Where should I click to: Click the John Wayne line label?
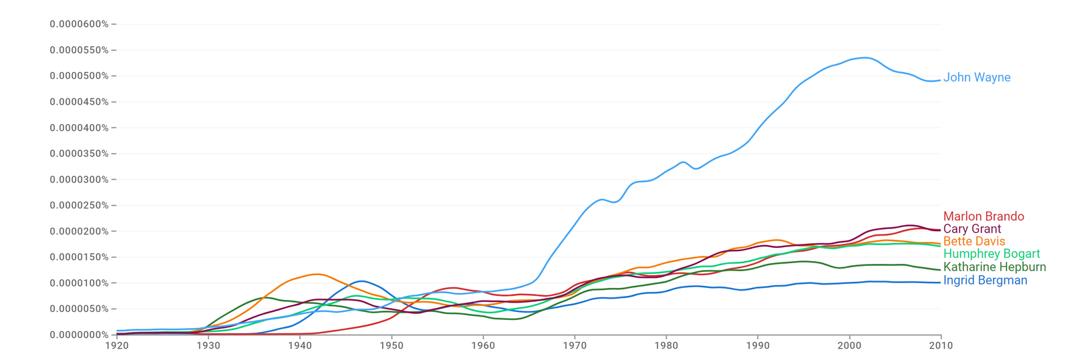(x=976, y=77)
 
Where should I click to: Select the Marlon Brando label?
(x=983, y=216)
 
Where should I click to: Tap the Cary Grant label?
(x=971, y=229)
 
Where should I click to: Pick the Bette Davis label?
(x=973, y=241)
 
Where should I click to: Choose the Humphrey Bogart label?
(x=991, y=254)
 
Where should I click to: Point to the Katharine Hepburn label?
(x=994, y=267)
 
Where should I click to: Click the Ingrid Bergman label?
(x=985, y=281)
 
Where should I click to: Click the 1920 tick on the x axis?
(x=117, y=345)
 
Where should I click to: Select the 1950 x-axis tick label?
(x=392, y=345)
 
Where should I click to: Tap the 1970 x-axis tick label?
(x=575, y=345)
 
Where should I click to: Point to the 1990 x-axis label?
(x=758, y=345)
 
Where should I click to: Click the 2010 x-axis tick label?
(x=941, y=345)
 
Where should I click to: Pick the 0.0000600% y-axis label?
(x=79, y=24)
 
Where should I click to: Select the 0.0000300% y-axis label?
(x=79, y=180)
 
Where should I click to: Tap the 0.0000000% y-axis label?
(x=79, y=335)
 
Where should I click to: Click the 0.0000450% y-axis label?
(x=79, y=102)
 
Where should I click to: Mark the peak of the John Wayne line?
(x=865, y=57)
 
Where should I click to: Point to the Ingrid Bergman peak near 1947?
(x=361, y=281)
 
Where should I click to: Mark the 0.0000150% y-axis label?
(x=79, y=257)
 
